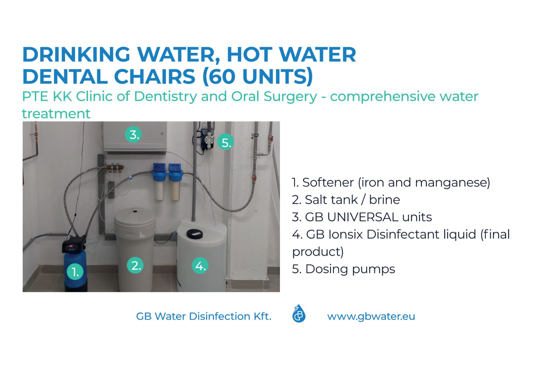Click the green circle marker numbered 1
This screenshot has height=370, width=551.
75,272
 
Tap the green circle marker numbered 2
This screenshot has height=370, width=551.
135,265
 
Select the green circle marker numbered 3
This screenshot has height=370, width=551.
133,135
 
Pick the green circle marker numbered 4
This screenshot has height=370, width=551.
200,265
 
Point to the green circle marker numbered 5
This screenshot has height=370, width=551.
226,142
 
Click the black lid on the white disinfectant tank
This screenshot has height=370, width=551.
194,234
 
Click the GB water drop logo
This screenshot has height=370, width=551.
299,314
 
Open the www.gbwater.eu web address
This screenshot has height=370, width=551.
371,316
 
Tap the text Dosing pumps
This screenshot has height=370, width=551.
350,269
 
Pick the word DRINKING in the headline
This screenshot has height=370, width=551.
76,54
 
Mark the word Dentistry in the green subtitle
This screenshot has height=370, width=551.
165,96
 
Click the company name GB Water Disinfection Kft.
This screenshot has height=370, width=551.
204,316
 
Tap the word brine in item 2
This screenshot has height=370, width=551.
385,200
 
